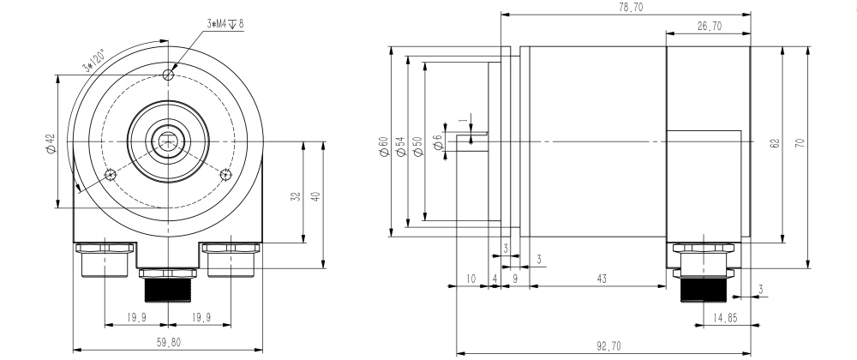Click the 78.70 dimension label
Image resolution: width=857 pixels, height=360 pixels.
click(x=630, y=7)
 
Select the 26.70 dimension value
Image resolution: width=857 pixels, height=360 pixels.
click(x=709, y=27)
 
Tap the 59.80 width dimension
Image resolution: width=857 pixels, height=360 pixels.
click(x=168, y=342)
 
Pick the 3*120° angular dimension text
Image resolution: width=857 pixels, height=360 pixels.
click(x=93, y=61)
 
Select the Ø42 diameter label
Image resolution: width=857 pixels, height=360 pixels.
click(x=50, y=142)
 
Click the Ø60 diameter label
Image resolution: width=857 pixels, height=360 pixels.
click(x=383, y=147)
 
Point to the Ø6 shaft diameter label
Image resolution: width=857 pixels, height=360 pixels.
click(x=438, y=142)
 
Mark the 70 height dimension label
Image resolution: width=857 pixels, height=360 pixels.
click(x=800, y=143)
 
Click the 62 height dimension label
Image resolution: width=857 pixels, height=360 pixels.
click(x=775, y=143)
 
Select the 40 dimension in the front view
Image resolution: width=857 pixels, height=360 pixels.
click(x=315, y=197)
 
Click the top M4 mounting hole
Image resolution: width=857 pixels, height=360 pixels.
click(x=168, y=75)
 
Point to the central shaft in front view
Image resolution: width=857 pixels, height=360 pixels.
click(x=168, y=141)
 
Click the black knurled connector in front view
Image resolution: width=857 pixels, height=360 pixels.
click(x=168, y=291)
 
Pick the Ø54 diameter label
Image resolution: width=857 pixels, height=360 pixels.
click(x=399, y=147)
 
